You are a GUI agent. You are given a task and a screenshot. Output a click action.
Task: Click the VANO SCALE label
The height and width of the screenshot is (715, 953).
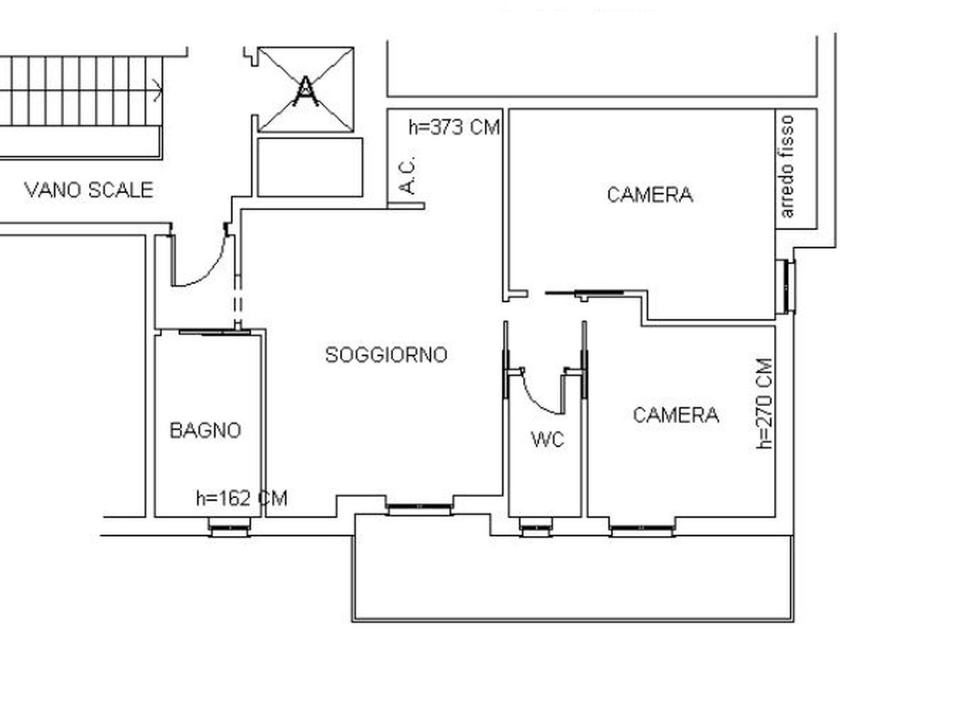[x=89, y=190]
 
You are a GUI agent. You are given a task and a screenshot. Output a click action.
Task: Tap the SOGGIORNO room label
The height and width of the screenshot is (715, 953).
[x=386, y=355]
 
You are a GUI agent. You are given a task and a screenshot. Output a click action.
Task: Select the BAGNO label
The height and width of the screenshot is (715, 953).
[x=205, y=430]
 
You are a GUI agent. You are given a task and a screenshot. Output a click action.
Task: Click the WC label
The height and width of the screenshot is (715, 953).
[x=548, y=439]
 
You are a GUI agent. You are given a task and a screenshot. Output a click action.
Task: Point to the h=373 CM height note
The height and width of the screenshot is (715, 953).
[x=454, y=127]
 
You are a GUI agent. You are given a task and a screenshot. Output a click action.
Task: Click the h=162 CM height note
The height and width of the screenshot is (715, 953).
[x=242, y=498]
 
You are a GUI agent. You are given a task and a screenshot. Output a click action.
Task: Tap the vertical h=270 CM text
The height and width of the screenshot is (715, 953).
[x=764, y=404]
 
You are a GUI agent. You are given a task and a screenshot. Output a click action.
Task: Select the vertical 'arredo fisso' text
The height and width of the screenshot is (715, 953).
[x=787, y=167]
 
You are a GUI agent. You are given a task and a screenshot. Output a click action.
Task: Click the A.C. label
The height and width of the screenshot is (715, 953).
[x=407, y=175]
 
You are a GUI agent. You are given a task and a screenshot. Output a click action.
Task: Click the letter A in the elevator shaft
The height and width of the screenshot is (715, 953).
[x=306, y=91]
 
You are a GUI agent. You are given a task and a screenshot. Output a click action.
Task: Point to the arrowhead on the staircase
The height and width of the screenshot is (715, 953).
[x=158, y=91]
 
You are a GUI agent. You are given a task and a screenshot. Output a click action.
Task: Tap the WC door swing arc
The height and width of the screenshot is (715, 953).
[x=537, y=398]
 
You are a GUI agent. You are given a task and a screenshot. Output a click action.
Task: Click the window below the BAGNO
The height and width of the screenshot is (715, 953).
[x=229, y=527]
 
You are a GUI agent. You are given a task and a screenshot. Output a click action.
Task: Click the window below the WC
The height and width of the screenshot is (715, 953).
[x=536, y=528]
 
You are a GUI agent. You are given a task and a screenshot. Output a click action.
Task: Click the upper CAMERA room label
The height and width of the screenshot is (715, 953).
[x=649, y=194]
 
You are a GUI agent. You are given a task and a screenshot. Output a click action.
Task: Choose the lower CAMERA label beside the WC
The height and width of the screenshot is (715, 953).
[x=675, y=415]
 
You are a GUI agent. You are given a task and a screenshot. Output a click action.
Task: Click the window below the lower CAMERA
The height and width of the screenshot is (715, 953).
[x=642, y=528]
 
